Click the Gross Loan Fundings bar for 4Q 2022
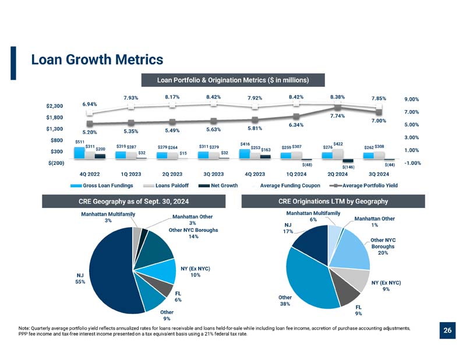(79, 153)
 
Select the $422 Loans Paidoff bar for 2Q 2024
(338, 154)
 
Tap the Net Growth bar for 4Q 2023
(266, 157)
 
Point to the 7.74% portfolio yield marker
(337, 108)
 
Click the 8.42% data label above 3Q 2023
(213, 97)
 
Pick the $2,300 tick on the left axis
(55, 106)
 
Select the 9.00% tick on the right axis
(412, 99)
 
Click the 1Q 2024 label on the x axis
(296, 174)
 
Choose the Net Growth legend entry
(218, 185)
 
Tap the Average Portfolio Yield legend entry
(363, 185)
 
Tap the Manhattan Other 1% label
(375, 222)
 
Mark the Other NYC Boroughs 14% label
(193, 234)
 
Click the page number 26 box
(447, 330)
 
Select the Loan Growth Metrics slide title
(97, 59)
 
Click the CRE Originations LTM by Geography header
(333, 201)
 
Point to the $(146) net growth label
(348, 167)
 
